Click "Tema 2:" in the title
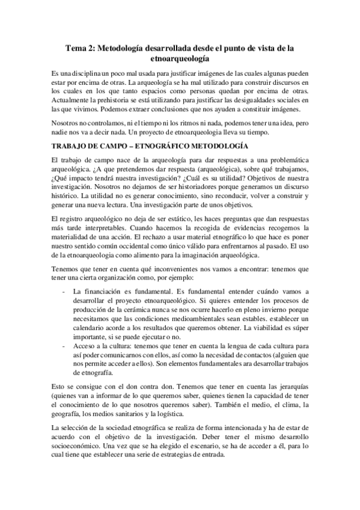coord(82,48)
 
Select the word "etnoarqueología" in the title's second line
coord(180,59)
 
